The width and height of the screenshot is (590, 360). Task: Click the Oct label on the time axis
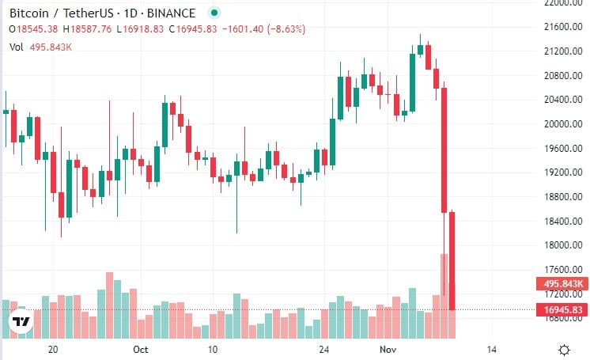pos(141,349)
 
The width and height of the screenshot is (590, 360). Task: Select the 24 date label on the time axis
pos(323,349)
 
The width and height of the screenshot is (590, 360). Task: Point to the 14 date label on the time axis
pos(491,349)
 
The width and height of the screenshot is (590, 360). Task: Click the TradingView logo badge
pos(21,322)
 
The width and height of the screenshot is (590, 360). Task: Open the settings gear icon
pos(565,349)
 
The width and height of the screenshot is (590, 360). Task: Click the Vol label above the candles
pos(16,47)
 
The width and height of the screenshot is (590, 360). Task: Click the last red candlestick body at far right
pos(452,261)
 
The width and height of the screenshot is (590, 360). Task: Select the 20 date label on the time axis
pos(54,349)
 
